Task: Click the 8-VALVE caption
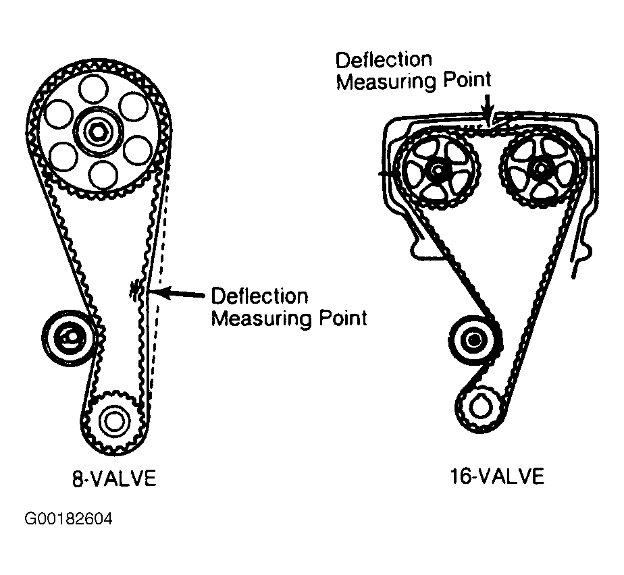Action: pyautogui.click(x=113, y=479)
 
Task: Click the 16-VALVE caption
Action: pyautogui.click(x=496, y=476)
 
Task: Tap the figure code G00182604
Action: pyautogui.click(x=68, y=520)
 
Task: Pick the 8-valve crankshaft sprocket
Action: pyautogui.click(x=113, y=420)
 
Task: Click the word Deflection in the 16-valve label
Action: pyautogui.click(x=384, y=60)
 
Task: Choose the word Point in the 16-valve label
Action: pyautogui.click(x=467, y=80)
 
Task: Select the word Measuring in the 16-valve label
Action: pyautogui.click(x=386, y=82)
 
